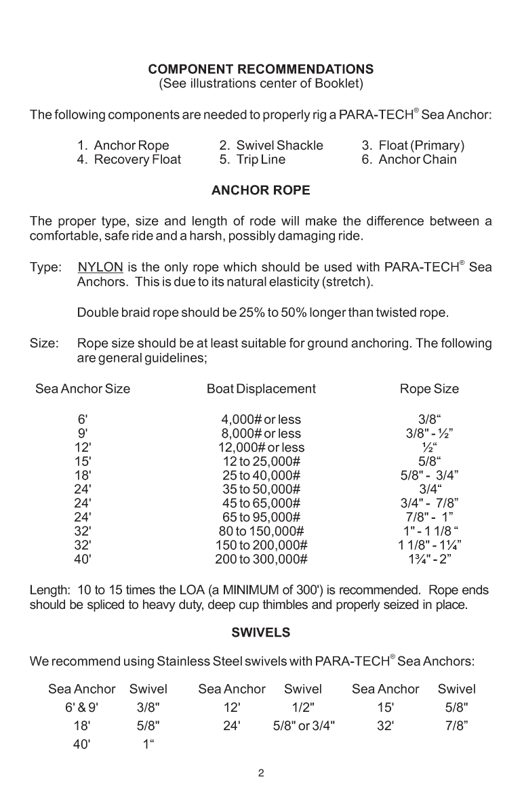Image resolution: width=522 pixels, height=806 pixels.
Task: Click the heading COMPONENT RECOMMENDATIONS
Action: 260,69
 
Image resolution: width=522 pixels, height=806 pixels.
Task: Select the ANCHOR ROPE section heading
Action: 260,191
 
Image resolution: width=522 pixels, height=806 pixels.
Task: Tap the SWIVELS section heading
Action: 260,633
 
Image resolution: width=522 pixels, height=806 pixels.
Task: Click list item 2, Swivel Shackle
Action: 270,146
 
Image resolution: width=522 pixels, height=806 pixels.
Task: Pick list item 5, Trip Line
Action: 252,160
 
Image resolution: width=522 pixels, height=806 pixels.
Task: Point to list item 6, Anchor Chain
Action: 409,160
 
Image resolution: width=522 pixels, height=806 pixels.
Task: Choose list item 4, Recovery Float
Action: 129,160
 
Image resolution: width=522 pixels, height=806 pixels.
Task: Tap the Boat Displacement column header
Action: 261,389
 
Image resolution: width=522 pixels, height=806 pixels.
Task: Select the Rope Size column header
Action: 429,389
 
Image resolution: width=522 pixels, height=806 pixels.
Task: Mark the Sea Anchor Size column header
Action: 83,389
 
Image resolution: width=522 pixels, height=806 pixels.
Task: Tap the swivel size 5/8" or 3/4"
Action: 303,724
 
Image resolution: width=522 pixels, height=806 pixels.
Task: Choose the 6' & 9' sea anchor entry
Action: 81,707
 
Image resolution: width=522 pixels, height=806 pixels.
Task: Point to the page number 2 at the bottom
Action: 260,773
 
